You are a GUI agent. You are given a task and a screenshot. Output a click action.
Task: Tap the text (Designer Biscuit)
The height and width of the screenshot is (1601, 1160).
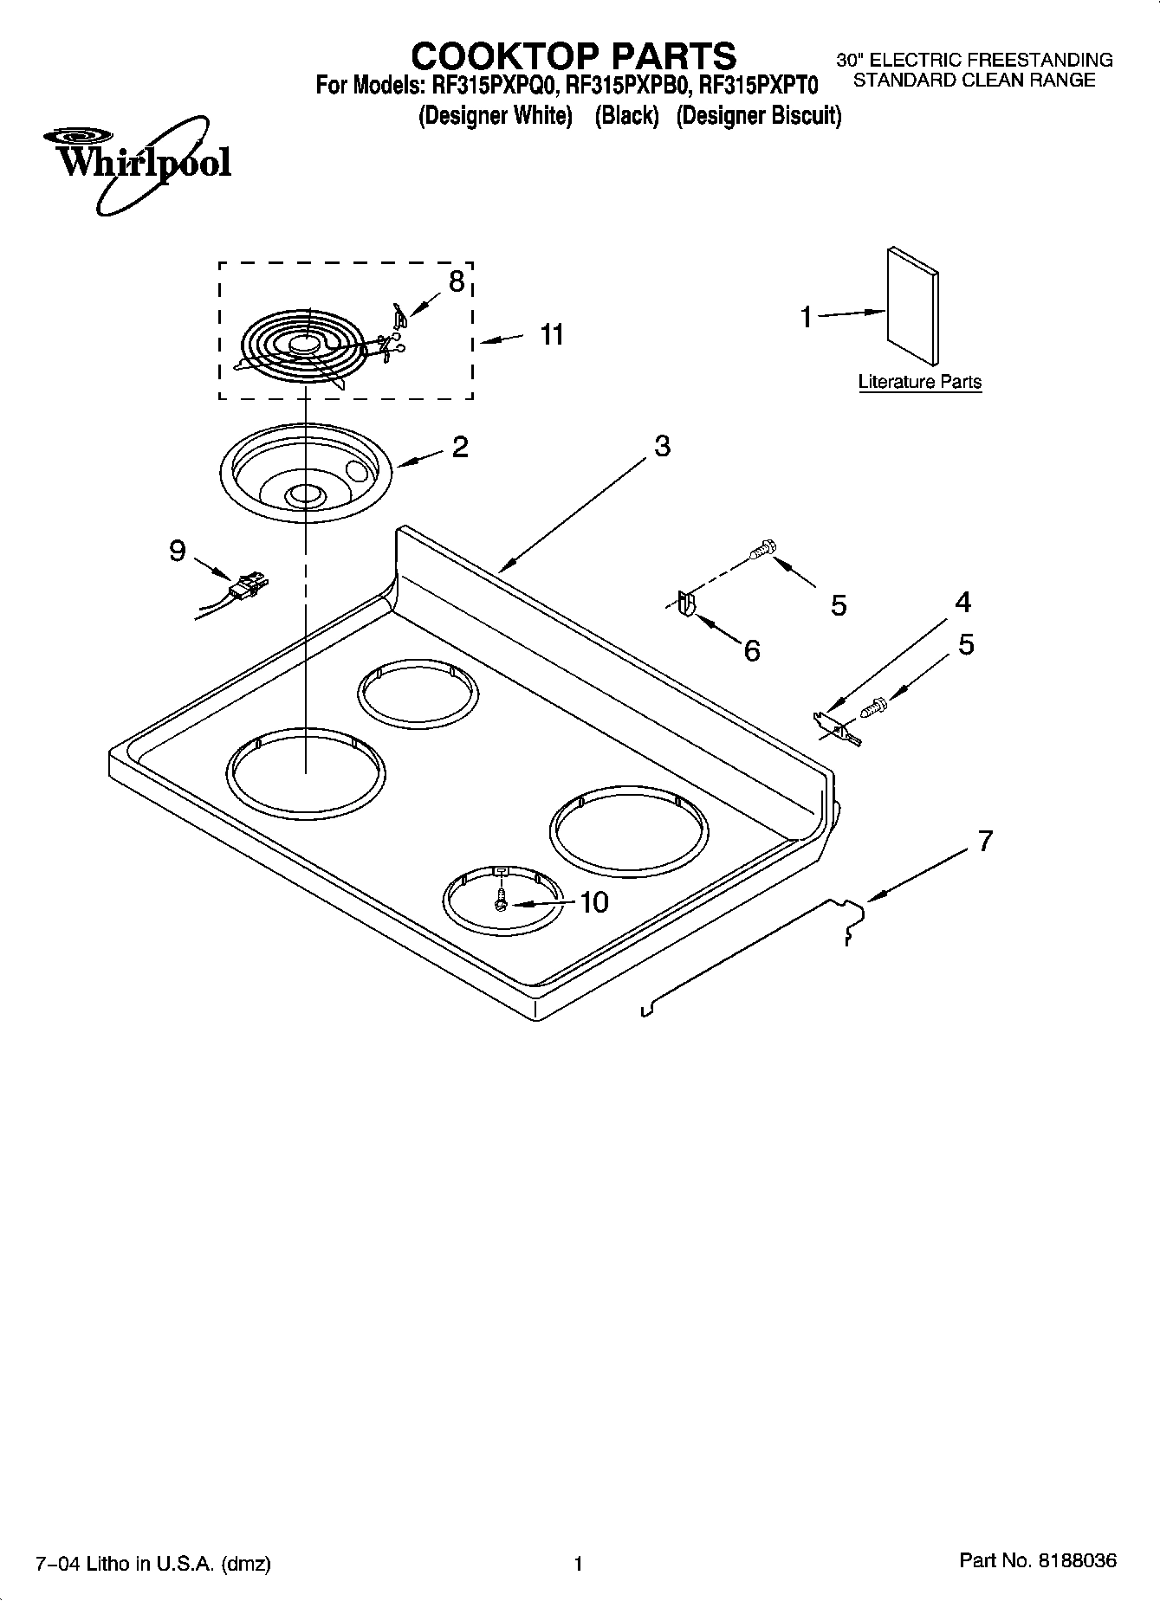click(758, 115)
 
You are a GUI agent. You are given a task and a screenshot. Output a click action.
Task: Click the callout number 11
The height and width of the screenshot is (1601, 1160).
click(552, 334)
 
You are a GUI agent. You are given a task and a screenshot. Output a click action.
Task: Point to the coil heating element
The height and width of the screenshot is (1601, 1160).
click(299, 345)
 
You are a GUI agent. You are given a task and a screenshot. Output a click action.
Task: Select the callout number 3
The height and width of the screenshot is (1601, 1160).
click(662, 446)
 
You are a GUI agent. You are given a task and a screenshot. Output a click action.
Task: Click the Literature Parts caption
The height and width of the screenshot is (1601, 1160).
click(919, 382)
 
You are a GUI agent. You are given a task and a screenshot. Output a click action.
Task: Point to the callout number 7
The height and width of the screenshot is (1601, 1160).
click(985, 840)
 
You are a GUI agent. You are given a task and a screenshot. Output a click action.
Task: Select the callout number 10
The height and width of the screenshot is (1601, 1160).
click(593, 902)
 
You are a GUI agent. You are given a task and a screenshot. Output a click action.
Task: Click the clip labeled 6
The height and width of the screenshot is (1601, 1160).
click(685, 603)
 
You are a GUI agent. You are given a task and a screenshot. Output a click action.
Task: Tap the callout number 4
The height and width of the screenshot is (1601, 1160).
click(962, 602)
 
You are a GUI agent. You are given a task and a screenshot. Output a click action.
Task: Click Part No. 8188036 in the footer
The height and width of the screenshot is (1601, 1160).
click(1038, 1560)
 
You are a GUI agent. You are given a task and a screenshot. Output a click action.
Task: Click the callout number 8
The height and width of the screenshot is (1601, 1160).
click(456, 281)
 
